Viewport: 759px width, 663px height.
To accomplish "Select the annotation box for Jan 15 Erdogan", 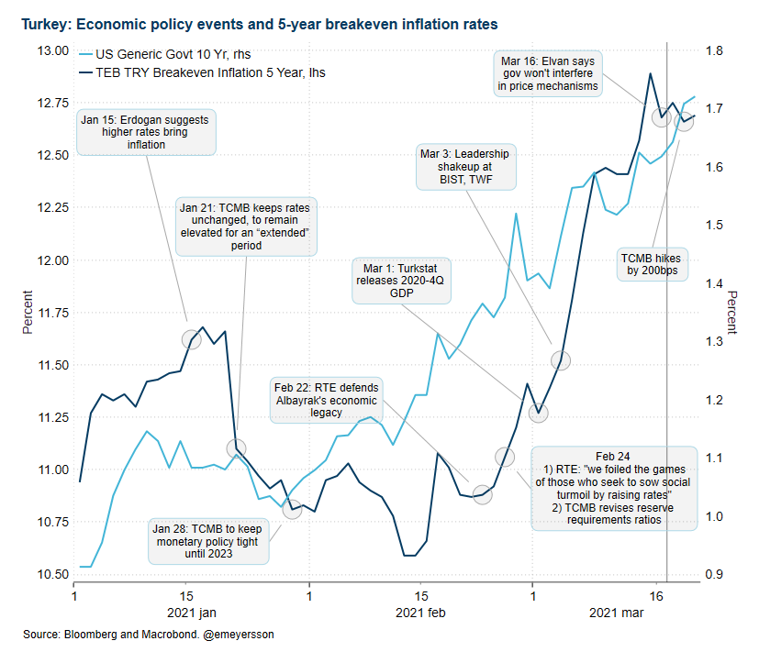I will coord(146,132).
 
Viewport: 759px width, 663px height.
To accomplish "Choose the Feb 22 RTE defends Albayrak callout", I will coord(325,400).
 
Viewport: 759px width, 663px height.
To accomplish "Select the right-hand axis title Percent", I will coord(732,313).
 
